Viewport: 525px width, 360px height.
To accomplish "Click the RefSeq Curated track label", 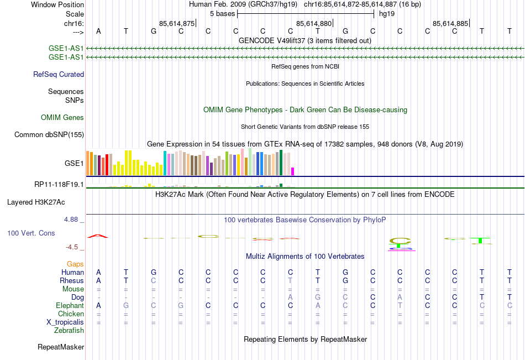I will click(x=59, y=74).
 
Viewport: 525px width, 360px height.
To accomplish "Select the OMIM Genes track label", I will click(x=62, y=117).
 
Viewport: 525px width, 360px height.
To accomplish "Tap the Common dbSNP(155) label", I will click(x=49, y=134).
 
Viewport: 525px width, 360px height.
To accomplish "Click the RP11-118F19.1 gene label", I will click(x=59, y=184).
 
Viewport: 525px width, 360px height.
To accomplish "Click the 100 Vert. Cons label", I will click(x=31, y=233).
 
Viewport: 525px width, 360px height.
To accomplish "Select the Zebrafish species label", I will click(x=69, y=331).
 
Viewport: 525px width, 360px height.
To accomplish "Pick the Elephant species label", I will click(x=70, y=305).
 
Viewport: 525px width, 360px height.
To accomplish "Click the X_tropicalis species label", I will click(x=65, y=322).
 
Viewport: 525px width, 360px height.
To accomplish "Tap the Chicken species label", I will click(x=71, y=314).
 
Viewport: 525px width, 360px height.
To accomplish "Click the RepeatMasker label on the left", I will click(x=61, y=347).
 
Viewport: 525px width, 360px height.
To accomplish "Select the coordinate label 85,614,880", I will click(x=314, y=23).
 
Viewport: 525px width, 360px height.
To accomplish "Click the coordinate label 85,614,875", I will click(x=177, y=23).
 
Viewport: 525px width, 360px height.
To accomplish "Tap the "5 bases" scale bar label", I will click(x=222, y=13).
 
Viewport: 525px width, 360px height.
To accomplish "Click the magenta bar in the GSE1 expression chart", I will click(x=293, y=171).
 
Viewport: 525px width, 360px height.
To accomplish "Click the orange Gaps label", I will click(x=75, y=264).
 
